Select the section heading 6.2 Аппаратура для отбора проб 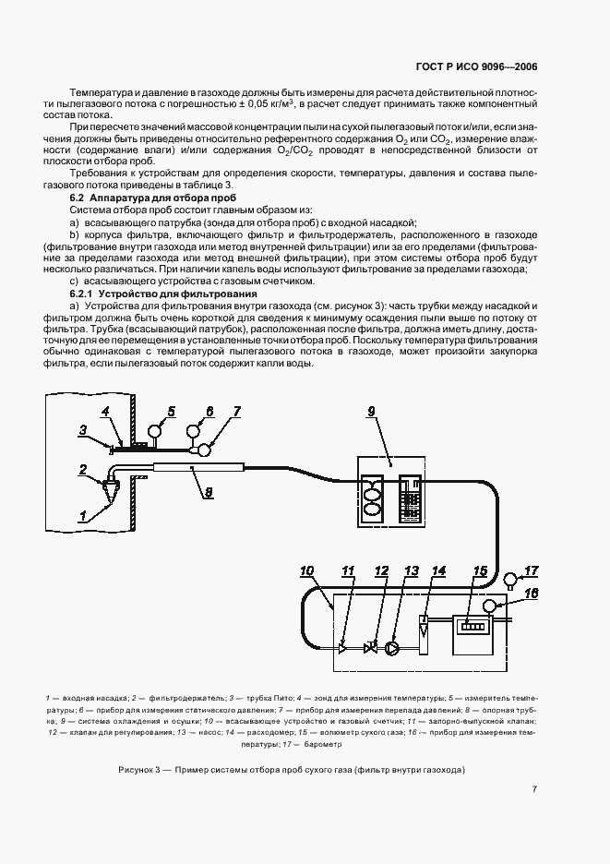[x=153, y=199]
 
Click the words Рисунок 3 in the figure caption [x=141, y=770]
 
